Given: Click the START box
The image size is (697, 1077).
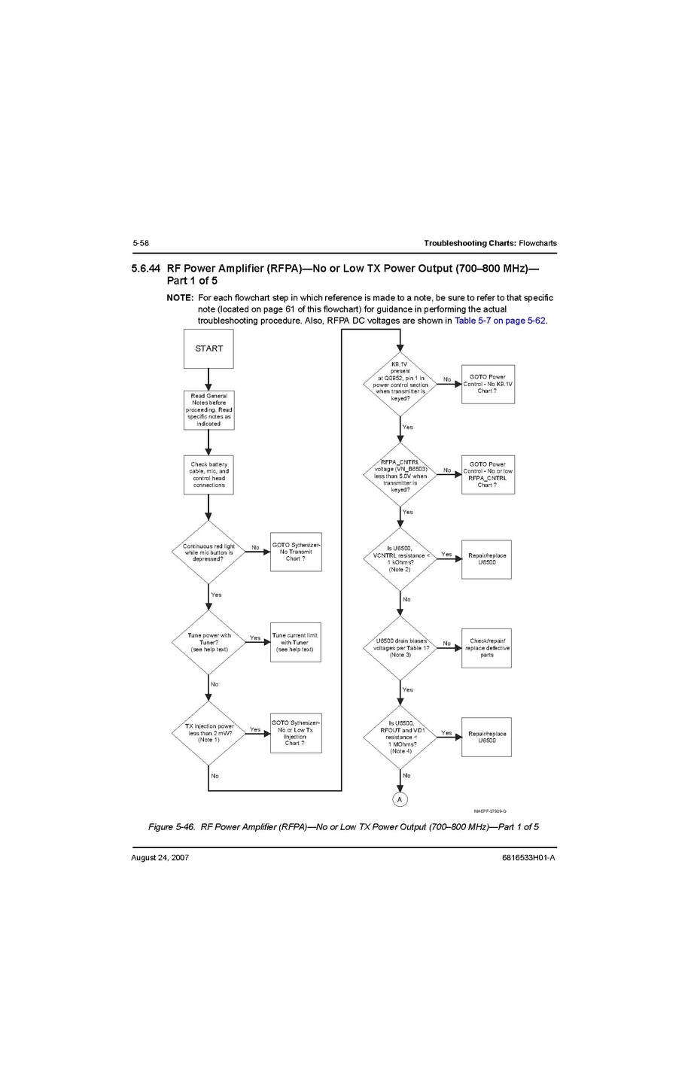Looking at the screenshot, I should [x=208, y=348].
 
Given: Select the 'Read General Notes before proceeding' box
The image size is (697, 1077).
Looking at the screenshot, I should [x=208, y=409].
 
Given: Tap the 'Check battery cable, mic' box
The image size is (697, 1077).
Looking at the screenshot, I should [x=208, y=475].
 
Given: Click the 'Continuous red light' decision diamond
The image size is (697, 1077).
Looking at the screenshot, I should [x=208, y=552].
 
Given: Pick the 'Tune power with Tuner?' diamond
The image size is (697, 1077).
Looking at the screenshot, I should [x=208, y=642].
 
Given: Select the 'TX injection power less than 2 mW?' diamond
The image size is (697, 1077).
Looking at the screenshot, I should [x=208, y=733].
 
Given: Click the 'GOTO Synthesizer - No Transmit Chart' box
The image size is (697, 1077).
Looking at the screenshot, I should [x=296, y=552].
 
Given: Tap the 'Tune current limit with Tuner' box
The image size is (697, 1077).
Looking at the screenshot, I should [x=295, y=642].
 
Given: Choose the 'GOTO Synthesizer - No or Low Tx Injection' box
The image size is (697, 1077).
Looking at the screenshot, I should [x=296, y=733].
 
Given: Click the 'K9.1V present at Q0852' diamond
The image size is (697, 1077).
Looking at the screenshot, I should [x=400, y=384].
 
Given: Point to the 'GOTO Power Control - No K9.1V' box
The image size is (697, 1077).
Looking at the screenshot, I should [x=488, y=384].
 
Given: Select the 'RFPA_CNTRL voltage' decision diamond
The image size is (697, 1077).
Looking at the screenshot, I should [x=400, y=475].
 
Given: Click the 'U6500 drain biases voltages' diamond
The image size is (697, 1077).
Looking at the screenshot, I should [x=400, y=648].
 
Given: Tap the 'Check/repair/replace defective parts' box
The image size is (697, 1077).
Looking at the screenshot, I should [x=487, y=648].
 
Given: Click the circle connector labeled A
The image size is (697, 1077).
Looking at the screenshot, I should [x=400, y=799].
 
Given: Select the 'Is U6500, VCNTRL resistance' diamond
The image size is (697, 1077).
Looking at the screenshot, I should [x=400, y=559].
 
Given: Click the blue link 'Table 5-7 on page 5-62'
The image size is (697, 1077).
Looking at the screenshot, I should [x=500, y=321].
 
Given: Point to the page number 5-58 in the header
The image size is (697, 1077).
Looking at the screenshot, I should [x=141, y=243].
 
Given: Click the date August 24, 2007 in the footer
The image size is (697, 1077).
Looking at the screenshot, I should [x=160, y=858].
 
